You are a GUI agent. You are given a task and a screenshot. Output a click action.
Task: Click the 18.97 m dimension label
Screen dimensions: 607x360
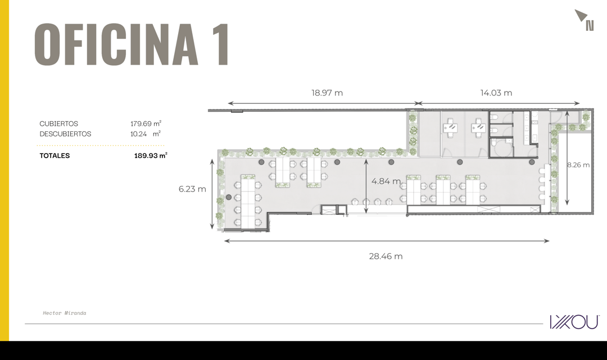327,93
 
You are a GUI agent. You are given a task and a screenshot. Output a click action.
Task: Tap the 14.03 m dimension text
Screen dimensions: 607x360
496,93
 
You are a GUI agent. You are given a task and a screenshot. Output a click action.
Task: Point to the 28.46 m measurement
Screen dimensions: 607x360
386,256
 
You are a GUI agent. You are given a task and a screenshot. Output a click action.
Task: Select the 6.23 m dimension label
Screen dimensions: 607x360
192,189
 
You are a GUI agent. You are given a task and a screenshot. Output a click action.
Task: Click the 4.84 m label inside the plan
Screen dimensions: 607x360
386,181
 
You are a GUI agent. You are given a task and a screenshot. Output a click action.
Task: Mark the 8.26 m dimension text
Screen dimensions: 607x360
578,165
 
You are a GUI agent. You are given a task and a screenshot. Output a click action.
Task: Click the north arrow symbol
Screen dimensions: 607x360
584,20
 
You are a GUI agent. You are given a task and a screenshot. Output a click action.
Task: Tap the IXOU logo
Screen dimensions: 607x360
574,322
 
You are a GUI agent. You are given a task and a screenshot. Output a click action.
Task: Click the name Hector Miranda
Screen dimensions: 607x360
65,313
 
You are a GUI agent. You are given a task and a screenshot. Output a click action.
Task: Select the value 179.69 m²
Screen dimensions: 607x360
146,124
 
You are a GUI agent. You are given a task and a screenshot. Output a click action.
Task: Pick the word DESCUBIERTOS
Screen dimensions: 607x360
65,134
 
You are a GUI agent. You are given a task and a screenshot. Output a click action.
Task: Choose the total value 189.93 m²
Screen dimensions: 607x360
151,156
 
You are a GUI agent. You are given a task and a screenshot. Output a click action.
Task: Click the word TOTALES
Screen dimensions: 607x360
55,156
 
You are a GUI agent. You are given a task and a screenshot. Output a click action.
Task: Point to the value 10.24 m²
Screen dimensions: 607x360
145,134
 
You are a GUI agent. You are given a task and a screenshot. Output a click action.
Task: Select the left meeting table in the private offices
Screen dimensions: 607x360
450,127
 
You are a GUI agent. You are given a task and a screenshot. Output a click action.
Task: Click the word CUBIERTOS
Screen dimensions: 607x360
59,124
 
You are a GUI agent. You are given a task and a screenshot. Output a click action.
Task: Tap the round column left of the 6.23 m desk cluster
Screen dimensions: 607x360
229,197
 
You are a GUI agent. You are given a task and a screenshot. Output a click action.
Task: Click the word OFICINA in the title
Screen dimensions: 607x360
116,44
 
